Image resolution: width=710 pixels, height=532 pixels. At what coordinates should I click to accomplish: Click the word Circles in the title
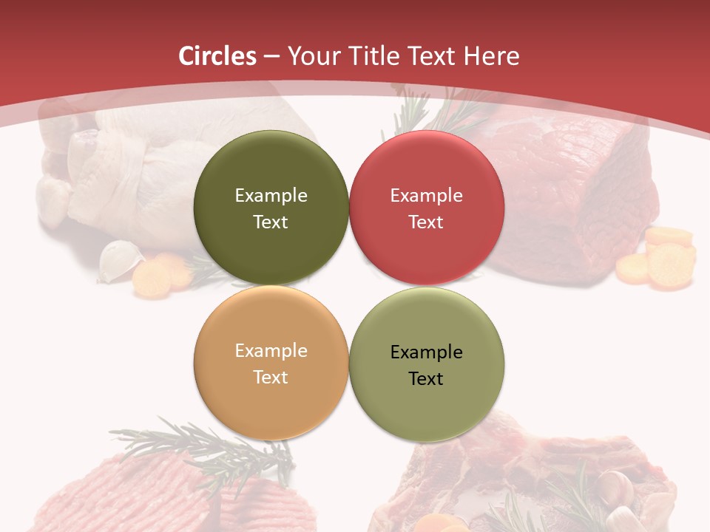pyautogui.click(x=217, y=56)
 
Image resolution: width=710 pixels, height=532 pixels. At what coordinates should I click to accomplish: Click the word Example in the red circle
pyautogui.click(x=427, y=196)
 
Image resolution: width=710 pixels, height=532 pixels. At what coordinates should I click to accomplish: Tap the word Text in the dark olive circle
pyautogui.click(x=271, y=222)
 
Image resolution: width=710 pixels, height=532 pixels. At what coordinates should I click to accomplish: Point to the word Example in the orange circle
pyautogui.click(x=271, y=351)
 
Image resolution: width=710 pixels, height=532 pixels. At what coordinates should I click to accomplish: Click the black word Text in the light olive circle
pyautogui.click(x=426, y=378)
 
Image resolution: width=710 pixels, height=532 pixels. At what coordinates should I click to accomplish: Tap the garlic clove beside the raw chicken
pyautogui.click(x=121, y=260)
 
